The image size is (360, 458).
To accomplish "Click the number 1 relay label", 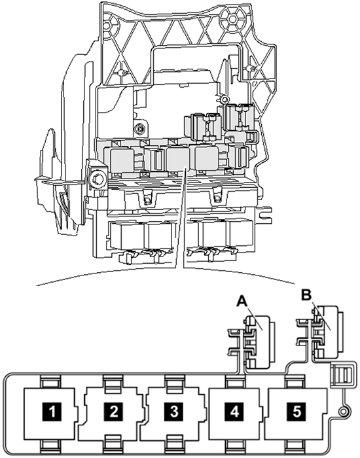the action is coord(52,412).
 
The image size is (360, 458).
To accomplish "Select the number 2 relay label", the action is coord(113,412).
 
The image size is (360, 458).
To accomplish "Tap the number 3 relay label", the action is coord(174,412).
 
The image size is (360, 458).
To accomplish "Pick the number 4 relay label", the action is coord(234,412).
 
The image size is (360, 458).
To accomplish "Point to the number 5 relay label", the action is coord(297,412).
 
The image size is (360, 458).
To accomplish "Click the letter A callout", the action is coord(242,301).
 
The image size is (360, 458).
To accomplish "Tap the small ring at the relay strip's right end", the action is coord(343,412).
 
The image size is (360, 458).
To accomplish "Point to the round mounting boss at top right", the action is coord(232,19).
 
